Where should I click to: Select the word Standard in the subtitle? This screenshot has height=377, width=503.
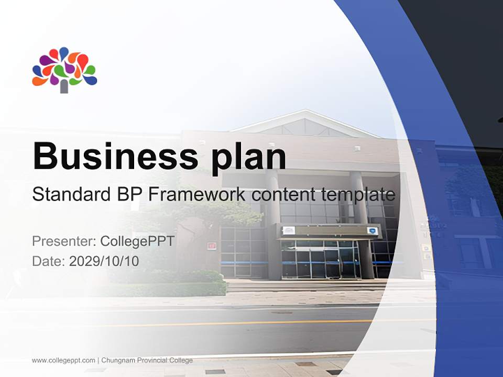pos(69,195)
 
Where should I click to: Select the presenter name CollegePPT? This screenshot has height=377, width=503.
pos(137,241)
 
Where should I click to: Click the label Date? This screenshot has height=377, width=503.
pos(49,261)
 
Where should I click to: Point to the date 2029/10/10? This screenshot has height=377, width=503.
pos(104,261)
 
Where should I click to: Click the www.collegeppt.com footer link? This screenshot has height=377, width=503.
pos(63,360)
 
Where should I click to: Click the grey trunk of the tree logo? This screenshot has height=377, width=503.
pos(64,86)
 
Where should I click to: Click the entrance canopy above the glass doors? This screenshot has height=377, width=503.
pos(328,231)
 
